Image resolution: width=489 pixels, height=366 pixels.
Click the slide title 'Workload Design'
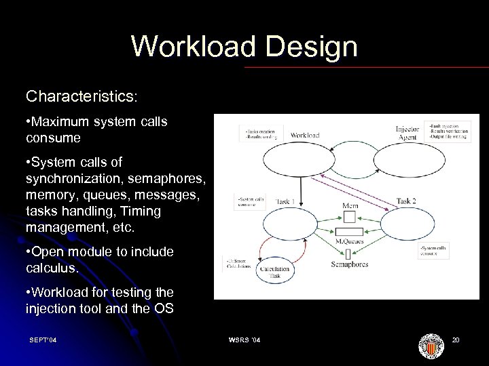[x=244, y=46]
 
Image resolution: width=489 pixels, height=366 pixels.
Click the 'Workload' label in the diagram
[x=305, y=135]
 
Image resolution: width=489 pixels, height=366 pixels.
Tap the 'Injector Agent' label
[x=407, y=133]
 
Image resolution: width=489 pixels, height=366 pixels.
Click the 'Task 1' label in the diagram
[x=286, y=201]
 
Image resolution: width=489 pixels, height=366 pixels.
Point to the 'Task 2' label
[x=406, y=201]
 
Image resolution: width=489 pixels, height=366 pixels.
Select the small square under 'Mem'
[x=348, y=217]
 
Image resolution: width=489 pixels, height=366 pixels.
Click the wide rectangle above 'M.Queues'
[x=348, y=232]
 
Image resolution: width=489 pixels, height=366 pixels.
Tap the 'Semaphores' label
[x=349, y=264]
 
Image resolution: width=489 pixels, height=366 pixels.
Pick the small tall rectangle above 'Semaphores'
[x=348, y=253]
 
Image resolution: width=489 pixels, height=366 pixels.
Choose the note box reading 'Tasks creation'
[x=260, y=133]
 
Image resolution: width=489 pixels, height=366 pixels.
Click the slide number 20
[x=456, y=340]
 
